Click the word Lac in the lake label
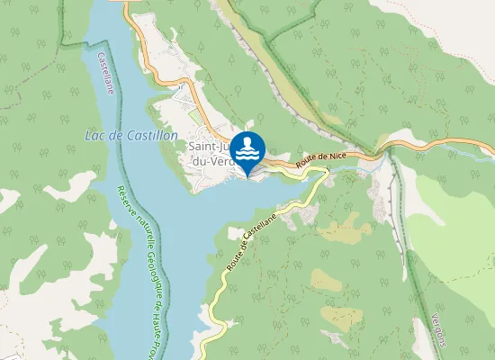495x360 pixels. [x=94, y=135]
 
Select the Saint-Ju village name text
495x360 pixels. [x=211, y=145]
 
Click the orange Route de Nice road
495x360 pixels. [x=360, y=156]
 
